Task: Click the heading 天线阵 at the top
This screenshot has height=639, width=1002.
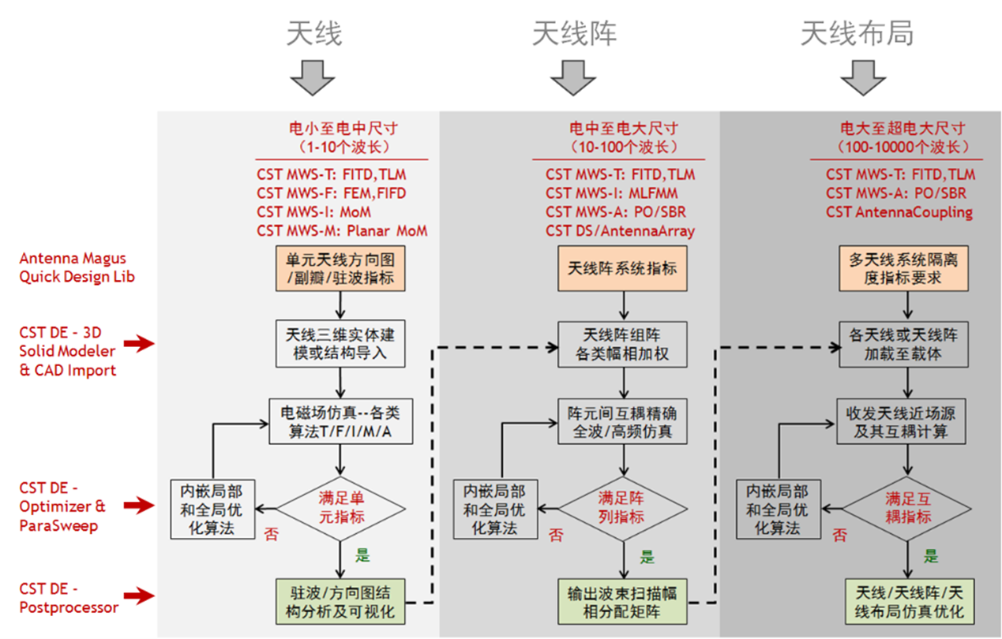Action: [x=574, y=34]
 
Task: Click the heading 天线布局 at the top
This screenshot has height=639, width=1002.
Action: [x=857, y=34]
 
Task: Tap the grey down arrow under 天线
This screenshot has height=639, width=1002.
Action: [x=313, y=78]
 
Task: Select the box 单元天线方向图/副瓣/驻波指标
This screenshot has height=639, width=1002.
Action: [x=340, y=268]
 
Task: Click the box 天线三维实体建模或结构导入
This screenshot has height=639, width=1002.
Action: [x=340, y=343]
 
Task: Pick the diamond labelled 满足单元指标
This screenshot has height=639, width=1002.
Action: [x=341, y=507]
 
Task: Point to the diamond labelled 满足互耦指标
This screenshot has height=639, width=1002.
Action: [x=907, y=507]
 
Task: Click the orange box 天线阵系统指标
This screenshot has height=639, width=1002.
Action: [x=622, y=268]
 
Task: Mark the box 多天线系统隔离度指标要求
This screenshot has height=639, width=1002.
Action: [x=906, y=268]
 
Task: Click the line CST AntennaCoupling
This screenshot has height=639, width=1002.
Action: [x=899, y=212]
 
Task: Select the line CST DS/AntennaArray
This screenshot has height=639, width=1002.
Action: [x=620, y=231]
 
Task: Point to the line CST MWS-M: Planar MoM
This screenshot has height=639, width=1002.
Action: [x=342, y=231]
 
